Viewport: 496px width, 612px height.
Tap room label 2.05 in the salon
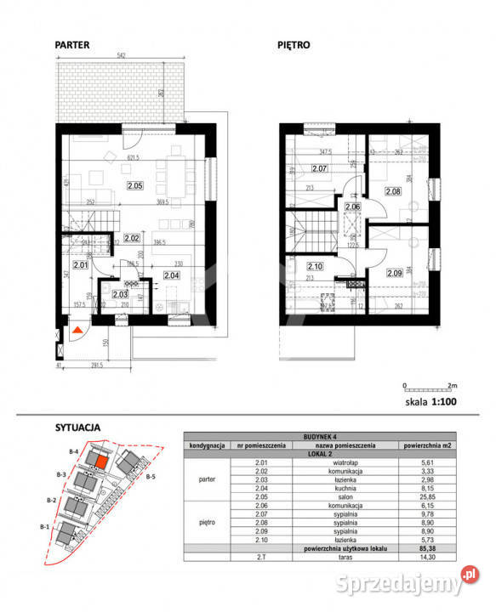(x=135, y=184)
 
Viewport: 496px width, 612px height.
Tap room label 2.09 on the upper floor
(x=392, y=273)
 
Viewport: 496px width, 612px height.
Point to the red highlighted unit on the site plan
(x=100, y=462)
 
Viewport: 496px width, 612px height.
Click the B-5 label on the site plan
(x=151, y=477)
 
